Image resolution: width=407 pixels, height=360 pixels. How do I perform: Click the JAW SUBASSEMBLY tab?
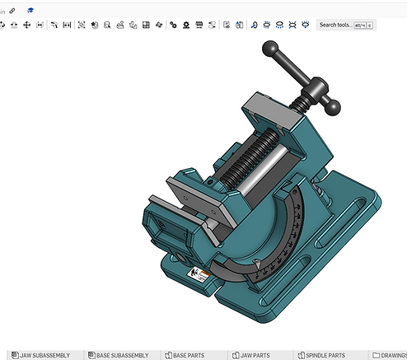coord(40,355)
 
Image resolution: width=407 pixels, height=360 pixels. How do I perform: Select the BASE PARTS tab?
coord(189,355)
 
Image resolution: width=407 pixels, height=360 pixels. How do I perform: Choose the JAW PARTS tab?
coord(256,355)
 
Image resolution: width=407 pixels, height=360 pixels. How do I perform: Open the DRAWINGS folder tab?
coord(389,355)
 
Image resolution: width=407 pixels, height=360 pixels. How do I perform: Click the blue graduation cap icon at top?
coord(30,9)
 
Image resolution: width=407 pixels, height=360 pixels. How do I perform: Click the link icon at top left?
coord(12,9)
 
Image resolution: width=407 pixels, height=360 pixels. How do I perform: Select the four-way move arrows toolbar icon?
coord(26,26)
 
